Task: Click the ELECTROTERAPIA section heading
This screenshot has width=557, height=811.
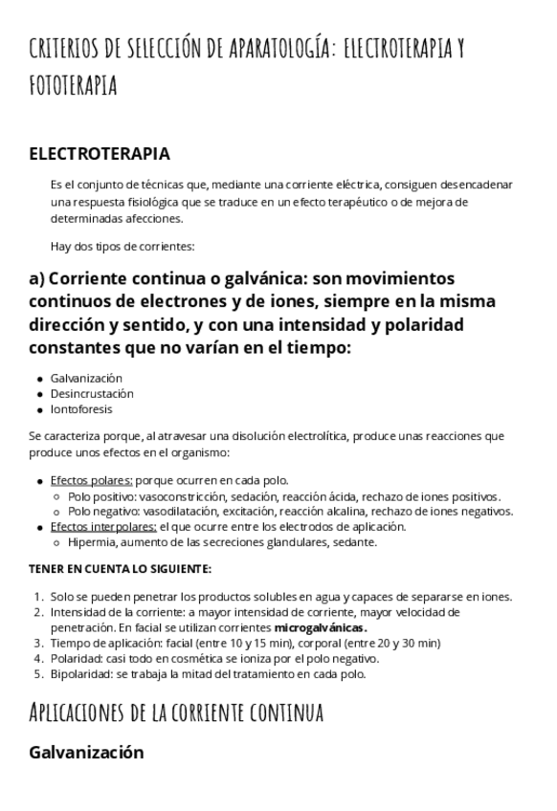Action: pyautogui.click(x=100, y=154)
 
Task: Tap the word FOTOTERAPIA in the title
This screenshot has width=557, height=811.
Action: pyautogui.click(x=73, y=86)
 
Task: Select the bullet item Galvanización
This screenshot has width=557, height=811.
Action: pyautogui.click(x=86, y=378)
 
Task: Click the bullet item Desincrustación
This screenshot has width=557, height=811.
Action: pyautogui.click(x=92, y=393)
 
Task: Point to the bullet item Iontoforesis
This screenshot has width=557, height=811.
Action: pyautogui.click(x=81, y=409)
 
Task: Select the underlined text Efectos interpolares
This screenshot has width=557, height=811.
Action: pyautogui.click(x=103, y=526)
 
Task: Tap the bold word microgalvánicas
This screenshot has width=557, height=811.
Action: pyautogui.click(x=321, y=627)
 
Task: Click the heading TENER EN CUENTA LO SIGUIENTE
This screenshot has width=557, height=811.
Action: pyautogui.click(x=120, y=569)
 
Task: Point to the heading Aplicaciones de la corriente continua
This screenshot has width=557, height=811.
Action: pyautogui.click(x=176, y=712)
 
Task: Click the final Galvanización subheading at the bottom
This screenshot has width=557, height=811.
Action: pyautogui.click(x=86, y=752)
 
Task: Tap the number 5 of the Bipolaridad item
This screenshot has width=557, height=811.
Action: pyautogui.click(x=38, y=673)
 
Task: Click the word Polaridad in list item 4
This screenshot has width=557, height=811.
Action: pyautogui.click(x=75, y=658)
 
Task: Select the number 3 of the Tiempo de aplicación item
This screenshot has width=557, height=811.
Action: pyautogui.click(x=38, y=643)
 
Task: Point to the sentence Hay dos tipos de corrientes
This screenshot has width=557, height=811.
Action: pyautogui.click(x=123, y=246)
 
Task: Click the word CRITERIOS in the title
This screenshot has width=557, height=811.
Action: pyautogui.click(x=72, y=48)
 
